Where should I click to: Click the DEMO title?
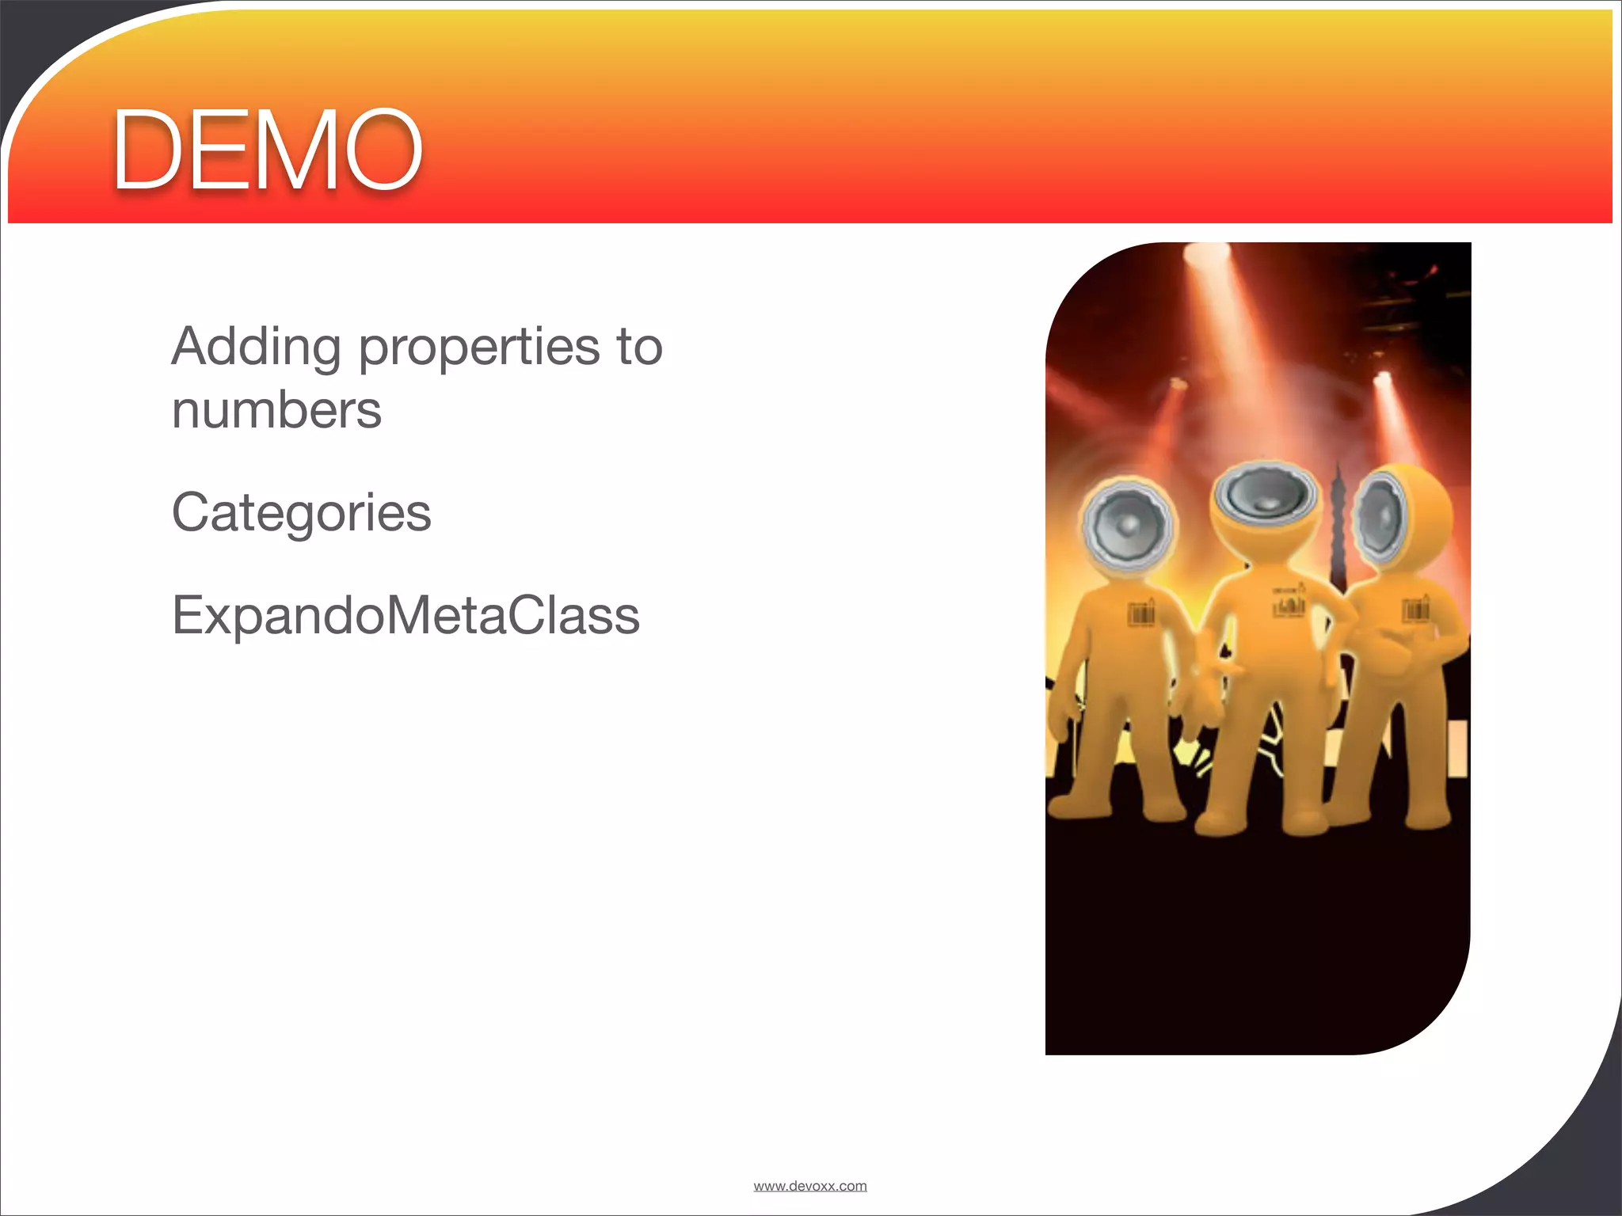[268, 150]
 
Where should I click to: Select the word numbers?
[276, 411]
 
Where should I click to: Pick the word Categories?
[302, 513]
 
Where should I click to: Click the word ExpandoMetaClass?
[405, 615]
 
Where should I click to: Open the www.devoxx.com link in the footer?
[810, 1186]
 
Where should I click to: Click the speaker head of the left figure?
[1128, 522]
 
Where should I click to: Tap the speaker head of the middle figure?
[1266, 498]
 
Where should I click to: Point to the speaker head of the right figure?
[1384, 515]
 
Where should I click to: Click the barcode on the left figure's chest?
[1141, 614]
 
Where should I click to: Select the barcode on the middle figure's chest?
[1289, 606]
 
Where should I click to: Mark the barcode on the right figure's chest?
[1415, 610]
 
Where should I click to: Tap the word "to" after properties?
[638, 348]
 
